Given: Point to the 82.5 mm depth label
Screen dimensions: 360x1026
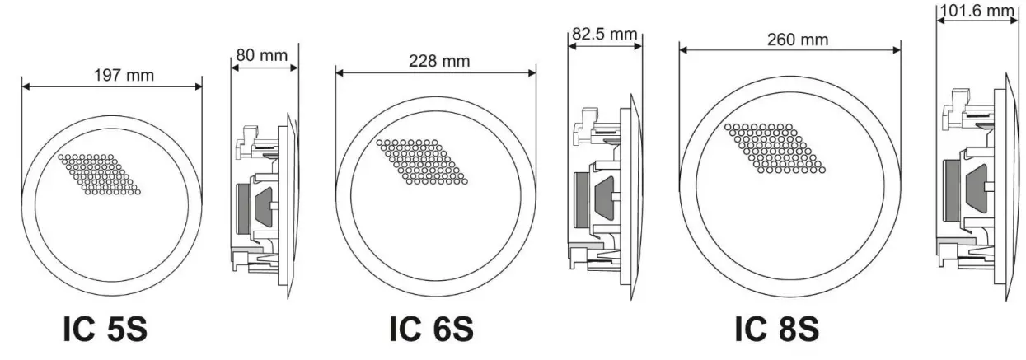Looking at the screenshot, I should click(x=604, y=35).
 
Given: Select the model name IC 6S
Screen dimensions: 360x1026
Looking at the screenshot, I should click(x=431, y=329).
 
